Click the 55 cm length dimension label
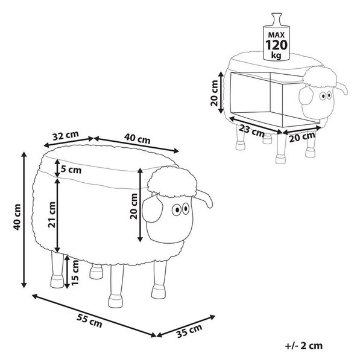[x=89, y=321]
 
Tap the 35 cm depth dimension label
[x=189, y=331]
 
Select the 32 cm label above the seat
[x=66, y=136]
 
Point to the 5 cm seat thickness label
[x=71, y=170]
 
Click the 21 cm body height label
[x=52, y=215]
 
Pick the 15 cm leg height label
[x=75, y=273]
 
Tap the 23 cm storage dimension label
[x=251, y=130]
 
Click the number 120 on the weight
[x=276, y=45]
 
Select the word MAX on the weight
[x=276, y=35]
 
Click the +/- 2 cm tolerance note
[x=304, y=346]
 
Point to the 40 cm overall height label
[x=17, y=217]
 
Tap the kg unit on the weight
[x=276, y=56]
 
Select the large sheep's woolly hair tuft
[x=172, y=182]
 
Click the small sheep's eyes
[x=326, y=95]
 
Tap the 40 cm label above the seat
[x=137, y=139]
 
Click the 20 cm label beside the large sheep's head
[x=134, y=206]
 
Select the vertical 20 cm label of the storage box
[x=214, y=93]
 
